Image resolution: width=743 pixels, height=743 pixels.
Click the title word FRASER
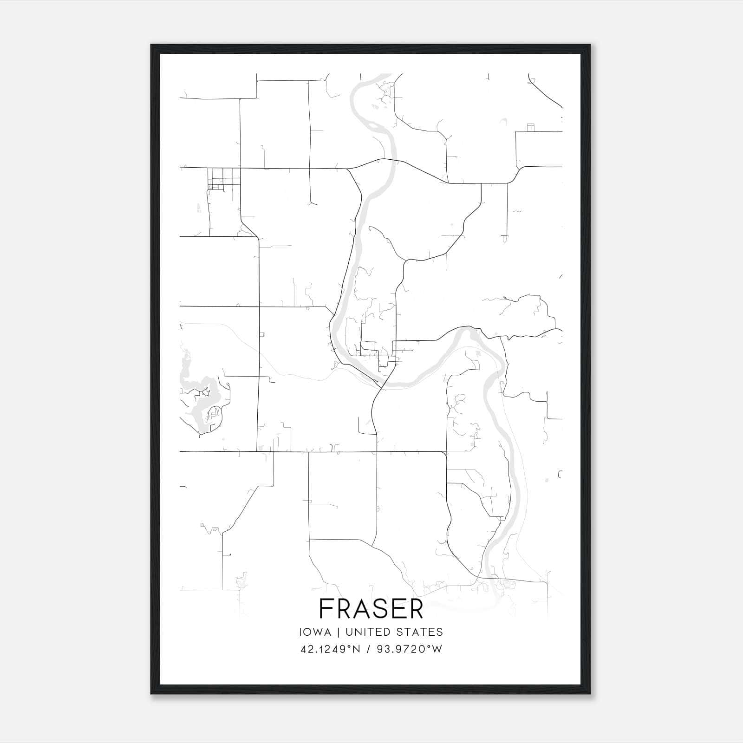(x=371, y=609)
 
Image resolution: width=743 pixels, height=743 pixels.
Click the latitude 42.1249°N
(x=330, y=649)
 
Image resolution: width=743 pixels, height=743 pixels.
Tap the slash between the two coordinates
(x=368, y=649)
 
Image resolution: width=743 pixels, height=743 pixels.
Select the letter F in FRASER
(x=326, y=609)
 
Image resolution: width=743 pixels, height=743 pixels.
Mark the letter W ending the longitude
(x=437, y=649)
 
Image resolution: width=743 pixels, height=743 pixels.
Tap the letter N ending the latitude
(x=356, y=649)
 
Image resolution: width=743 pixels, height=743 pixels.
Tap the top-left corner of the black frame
(x=151, y=45)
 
